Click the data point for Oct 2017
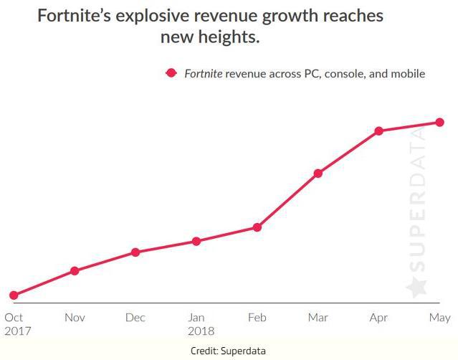(14, 295)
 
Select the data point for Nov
(75, 270)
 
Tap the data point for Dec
(135, 252)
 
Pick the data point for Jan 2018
(196, 241)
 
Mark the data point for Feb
(257, 227)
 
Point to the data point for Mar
(318, 173)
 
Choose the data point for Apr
(378, 131)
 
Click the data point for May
(439, 122)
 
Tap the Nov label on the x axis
(75, 318)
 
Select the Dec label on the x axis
(135, 318)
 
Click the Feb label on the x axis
(257, 318)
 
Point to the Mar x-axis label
(318, 318)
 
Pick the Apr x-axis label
(378, 318)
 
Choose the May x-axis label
(439, 318)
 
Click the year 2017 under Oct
(17, 331)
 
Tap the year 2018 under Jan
(200, 331)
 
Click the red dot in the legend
(171, 73)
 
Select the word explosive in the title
(157, 15)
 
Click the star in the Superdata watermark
(416, 287)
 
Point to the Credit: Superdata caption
(229, 351)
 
